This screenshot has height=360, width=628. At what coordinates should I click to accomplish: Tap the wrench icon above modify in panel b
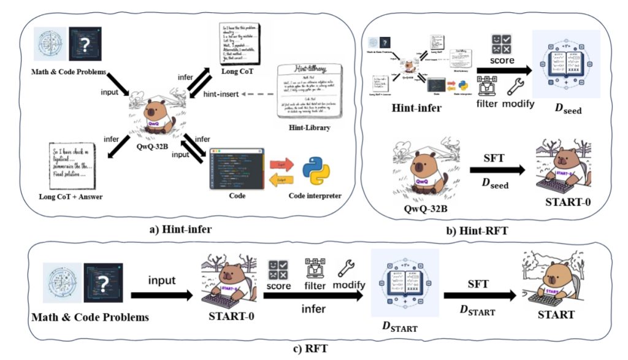(x=515, y=86)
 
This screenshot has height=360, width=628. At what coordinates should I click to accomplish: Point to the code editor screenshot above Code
(x=237, y=166)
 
